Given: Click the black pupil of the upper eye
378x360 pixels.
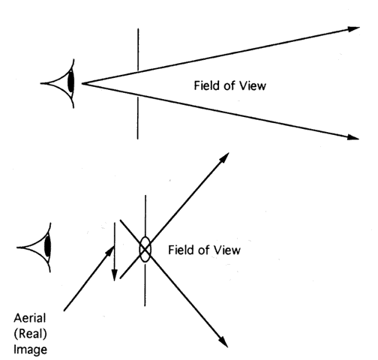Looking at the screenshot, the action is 71,81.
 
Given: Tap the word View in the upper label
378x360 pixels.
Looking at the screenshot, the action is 253,85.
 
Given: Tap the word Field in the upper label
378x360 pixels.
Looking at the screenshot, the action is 207,85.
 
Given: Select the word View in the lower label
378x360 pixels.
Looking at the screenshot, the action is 226,250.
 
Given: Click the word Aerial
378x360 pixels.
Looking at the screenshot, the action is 30,318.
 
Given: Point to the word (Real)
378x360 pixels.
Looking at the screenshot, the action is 30,334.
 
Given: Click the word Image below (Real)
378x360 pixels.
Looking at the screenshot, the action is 30,350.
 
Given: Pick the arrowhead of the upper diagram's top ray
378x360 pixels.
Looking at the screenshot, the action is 353,28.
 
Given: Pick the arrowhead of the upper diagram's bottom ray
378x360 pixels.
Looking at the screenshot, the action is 353,137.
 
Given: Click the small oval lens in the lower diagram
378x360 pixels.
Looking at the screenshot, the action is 145,249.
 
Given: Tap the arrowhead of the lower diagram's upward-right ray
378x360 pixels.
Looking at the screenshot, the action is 224,158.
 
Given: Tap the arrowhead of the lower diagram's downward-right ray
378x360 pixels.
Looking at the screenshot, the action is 223,342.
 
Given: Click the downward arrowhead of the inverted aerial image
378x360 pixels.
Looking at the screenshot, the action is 114,275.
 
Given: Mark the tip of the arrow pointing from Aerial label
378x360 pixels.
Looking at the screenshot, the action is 114,247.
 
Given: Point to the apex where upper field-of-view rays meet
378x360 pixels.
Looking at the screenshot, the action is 82,83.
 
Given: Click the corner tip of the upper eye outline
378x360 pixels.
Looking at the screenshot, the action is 40,83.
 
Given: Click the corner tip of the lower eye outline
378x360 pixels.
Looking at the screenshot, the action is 16,247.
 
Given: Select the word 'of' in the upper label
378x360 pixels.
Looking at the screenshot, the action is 229,85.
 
